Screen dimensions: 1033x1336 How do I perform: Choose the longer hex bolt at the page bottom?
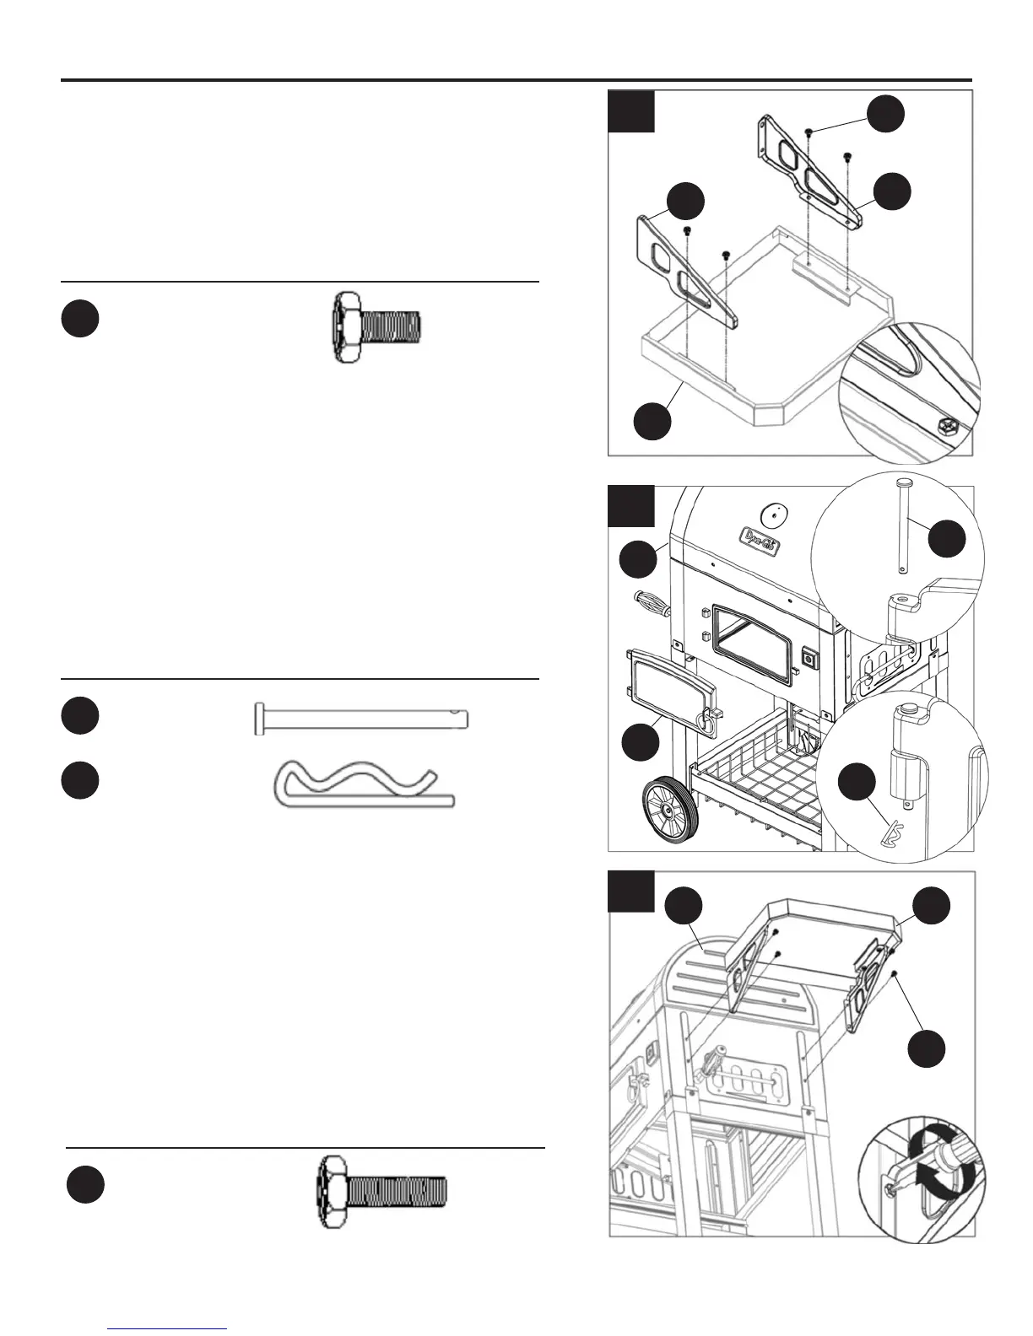click(x=382, y=1192)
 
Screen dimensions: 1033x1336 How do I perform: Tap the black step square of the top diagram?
click(x=632, y=112)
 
